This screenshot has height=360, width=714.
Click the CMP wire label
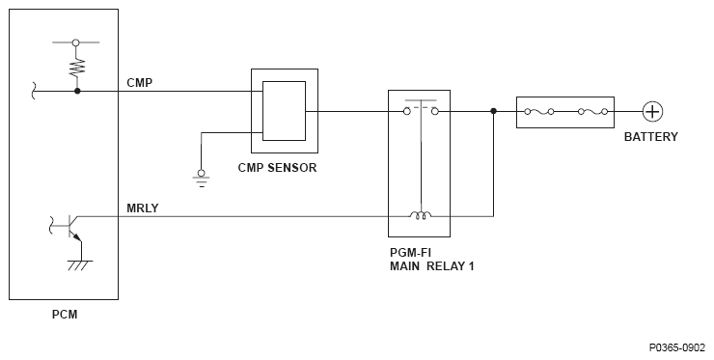click(x=139, y=83)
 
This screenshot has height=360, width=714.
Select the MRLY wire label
click(x=143, y=208)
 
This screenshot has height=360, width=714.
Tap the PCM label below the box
click(x=65, y=315)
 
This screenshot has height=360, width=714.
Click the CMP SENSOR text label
click(x=277, y=168)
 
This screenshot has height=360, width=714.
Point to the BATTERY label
click(x=650, y=137)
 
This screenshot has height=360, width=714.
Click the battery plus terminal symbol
click(x=652, y=112)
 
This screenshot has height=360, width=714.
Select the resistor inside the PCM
click(x=77, y=67)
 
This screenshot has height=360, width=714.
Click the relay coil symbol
click(x=421, y=215)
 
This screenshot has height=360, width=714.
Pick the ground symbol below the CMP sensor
click(x=201, y=179)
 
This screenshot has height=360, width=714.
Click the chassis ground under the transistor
click(x=81, y=265)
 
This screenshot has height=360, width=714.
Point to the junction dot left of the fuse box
click(x=493, y=111)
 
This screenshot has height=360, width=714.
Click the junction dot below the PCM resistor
click(x=77, y=91)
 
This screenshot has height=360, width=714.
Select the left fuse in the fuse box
click(x=538, y=112)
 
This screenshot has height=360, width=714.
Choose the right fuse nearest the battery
click(x=592, y=112)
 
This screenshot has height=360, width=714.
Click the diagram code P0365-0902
click(x=677, y=347)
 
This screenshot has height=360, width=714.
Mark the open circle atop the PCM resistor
click(x=76, y=42)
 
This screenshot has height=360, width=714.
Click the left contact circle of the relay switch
click(x=407, y=111)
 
